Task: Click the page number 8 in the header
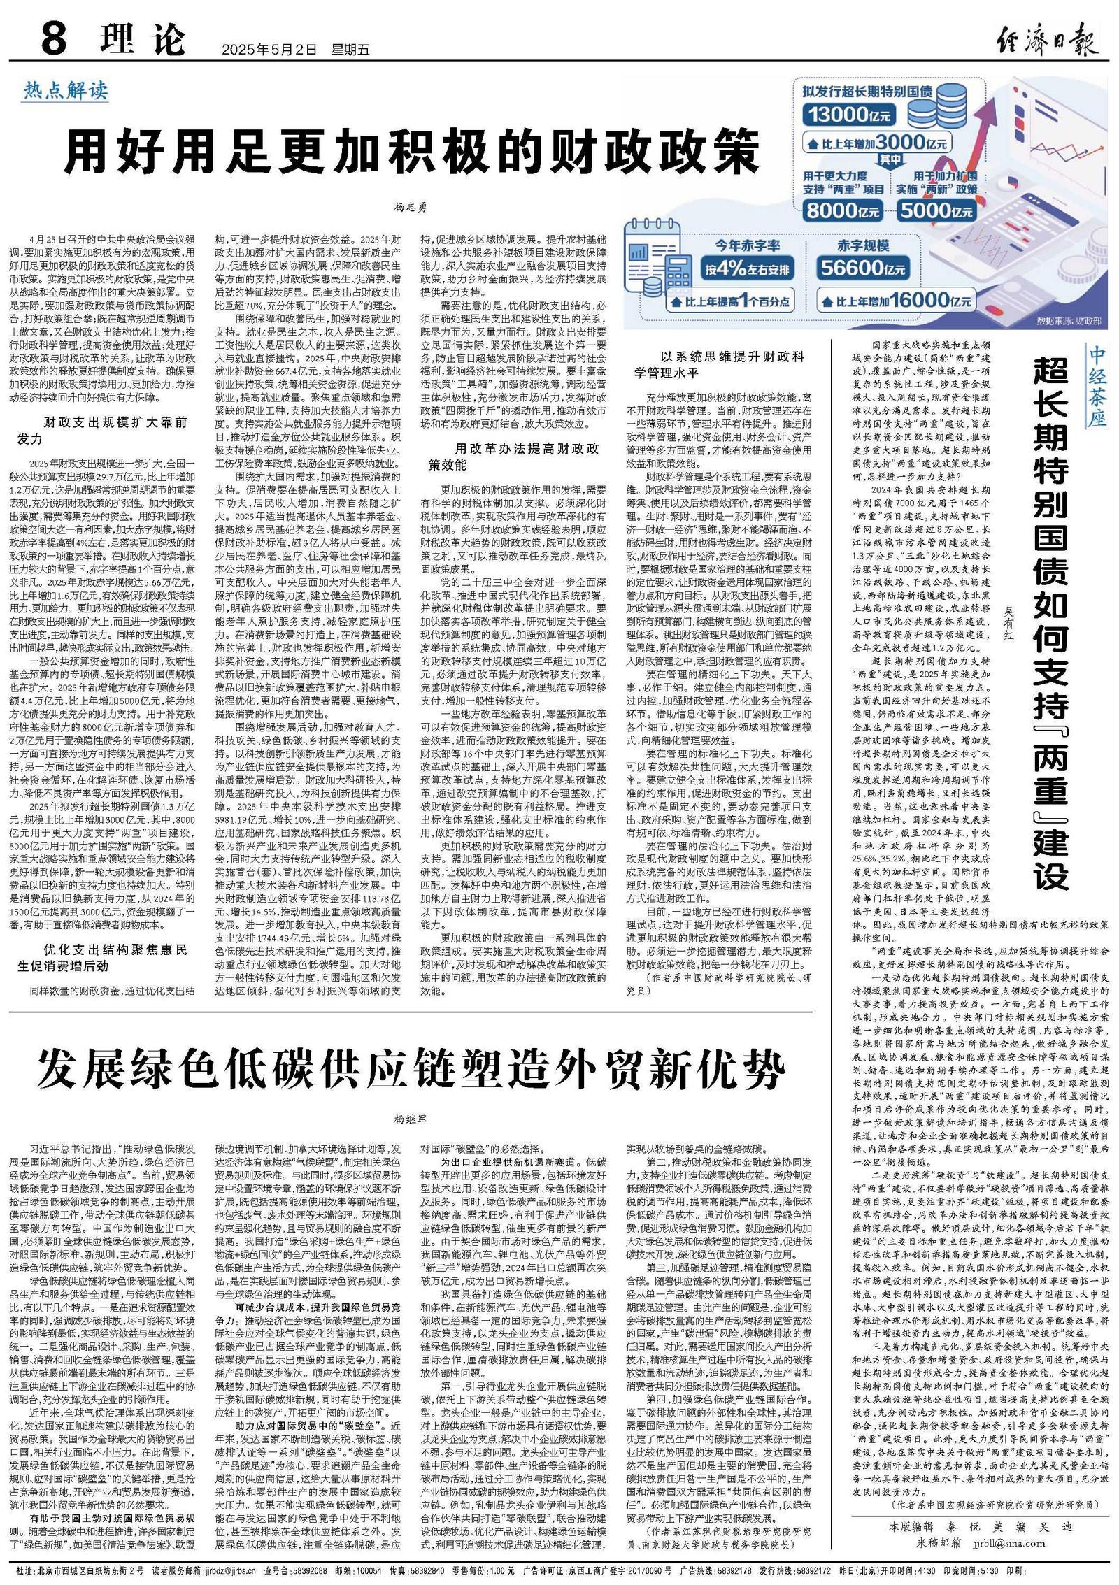click(54, 40)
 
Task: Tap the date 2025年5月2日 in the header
click(269, 50)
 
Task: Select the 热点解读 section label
click(66, 90)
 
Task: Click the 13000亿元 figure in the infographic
click(850, 113)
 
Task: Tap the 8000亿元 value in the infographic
click(842, 209)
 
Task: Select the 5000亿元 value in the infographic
click(936, 210)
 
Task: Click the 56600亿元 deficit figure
click(863, 269)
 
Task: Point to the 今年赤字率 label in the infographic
click(748, 245)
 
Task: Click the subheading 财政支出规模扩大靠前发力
click(103, 431)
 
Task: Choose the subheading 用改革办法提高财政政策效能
click(514, 456)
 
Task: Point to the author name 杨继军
click(411, 1119)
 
